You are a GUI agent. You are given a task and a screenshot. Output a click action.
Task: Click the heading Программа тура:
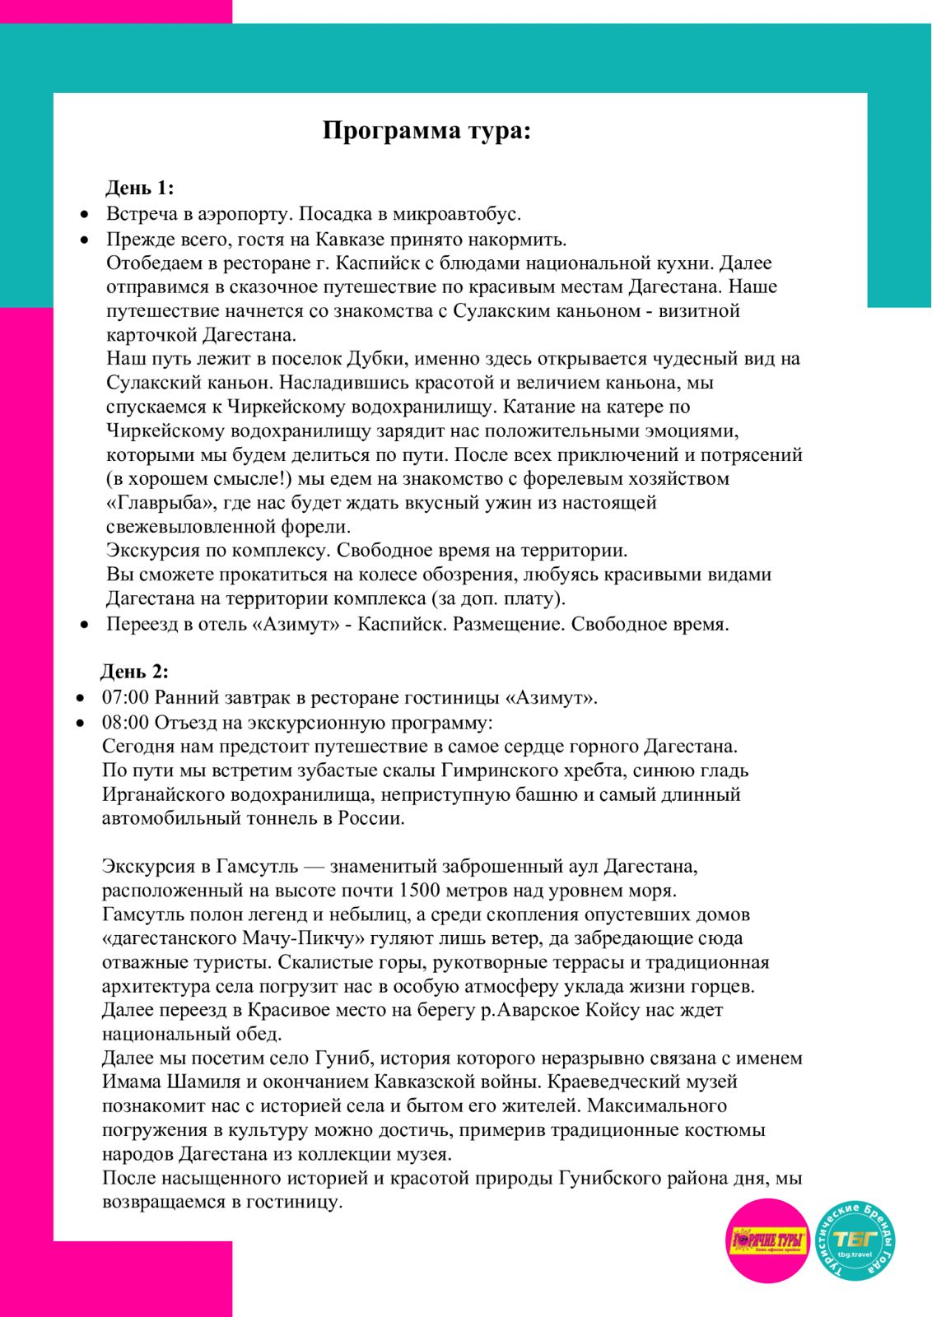point(426,131)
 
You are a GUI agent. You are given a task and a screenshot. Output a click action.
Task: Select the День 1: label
point(139,188)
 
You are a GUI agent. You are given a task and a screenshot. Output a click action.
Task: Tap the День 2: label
point(134,672)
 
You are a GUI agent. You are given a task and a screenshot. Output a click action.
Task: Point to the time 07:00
point(125,698)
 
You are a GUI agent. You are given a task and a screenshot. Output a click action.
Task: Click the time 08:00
point(125,723)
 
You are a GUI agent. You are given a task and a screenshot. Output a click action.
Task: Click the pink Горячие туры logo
point(768,1240)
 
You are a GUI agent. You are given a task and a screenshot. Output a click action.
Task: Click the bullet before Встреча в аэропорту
point(84,215)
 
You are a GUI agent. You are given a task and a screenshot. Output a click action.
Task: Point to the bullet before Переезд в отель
point(84,626)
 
